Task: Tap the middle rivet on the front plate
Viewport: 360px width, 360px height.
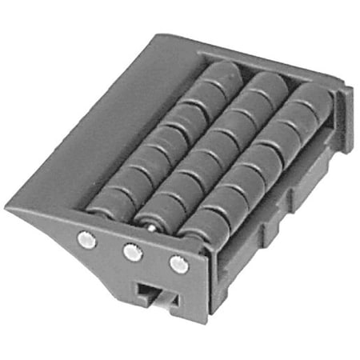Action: [x=132, y=252]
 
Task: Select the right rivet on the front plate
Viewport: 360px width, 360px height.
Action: [x=179, y=264]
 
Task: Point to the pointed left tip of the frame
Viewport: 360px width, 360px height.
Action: [x=10, y=207]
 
